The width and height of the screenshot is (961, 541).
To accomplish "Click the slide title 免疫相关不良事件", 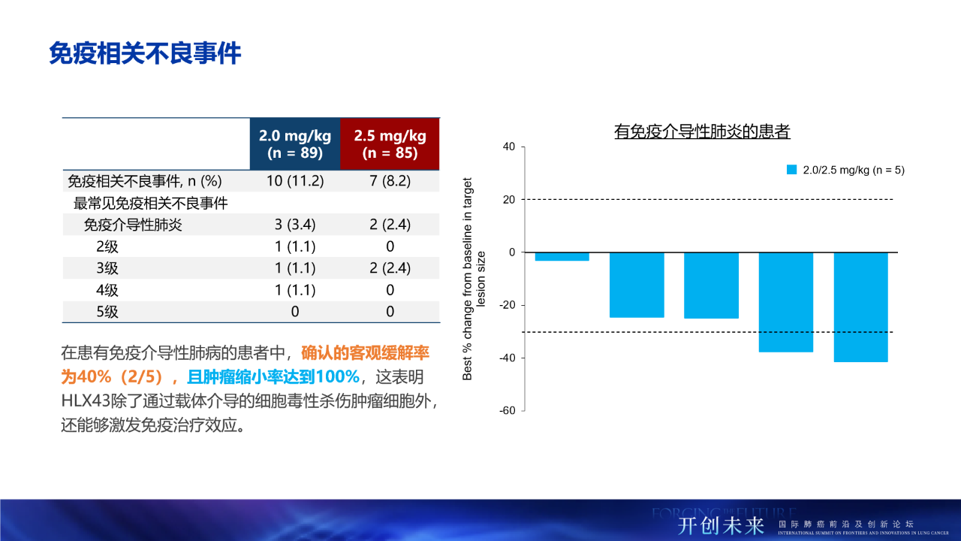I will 145,54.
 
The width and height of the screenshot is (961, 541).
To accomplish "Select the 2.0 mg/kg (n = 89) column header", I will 295,144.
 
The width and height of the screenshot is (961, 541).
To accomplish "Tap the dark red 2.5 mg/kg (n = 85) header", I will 390,144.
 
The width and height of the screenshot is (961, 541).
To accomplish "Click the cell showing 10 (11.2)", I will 295,181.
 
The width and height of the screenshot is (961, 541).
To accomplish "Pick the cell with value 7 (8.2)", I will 390,181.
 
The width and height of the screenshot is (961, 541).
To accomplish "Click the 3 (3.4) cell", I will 295,225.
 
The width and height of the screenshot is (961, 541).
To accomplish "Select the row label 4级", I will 107,290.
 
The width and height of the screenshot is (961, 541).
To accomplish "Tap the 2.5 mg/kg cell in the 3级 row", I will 390,268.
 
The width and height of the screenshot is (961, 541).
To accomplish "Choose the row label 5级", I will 107,312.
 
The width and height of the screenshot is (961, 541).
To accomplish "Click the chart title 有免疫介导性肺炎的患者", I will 702,132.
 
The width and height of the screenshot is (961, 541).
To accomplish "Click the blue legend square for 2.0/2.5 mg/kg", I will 791,170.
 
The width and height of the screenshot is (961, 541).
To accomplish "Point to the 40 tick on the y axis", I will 508,147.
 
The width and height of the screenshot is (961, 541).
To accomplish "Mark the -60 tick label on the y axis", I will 507,410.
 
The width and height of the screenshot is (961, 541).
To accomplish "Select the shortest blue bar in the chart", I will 562,256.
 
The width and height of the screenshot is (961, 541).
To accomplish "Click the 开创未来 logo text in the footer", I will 721,524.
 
